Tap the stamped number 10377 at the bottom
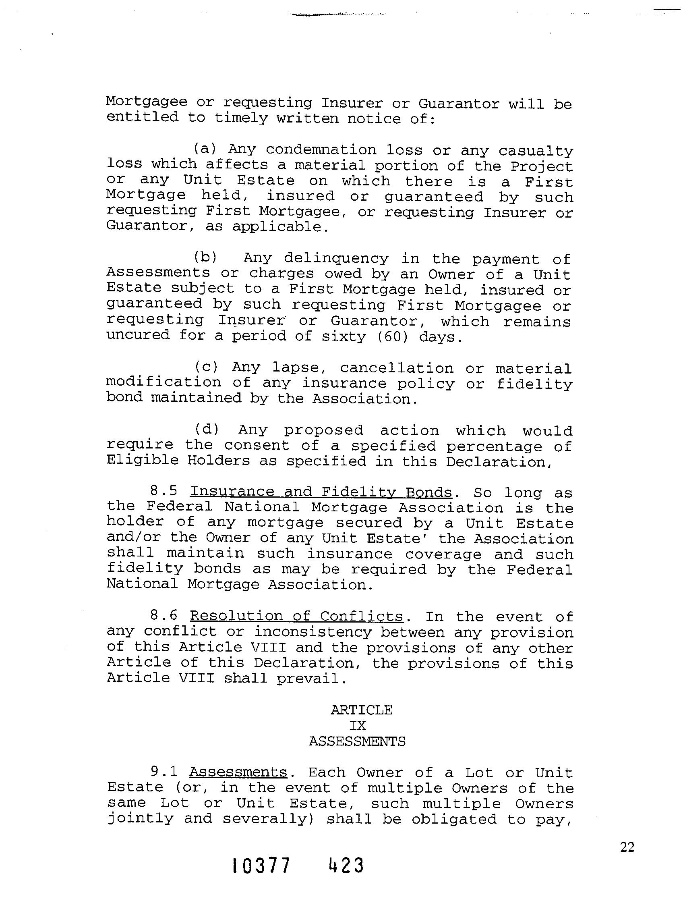click(x=261, y=877)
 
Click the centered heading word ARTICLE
click(x=362, y=710)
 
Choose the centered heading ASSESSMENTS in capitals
click(x=357, y=741)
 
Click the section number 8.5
click(x=164, y=492)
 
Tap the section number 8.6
click(x=164, y=616)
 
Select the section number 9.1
click(x=164, y=772)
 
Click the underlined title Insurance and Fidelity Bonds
click(x=321, y=492)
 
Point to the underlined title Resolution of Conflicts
click(x=297, y=616)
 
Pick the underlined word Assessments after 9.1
click(x=238, y=772)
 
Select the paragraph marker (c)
click(x=207, y=367)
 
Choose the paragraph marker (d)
click(x=207, y=430)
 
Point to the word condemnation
click(x=321, y=150)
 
